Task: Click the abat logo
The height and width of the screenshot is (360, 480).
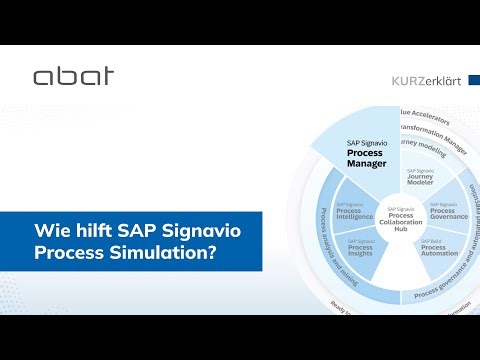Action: tap(73, 76)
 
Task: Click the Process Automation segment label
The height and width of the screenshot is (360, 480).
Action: tap(439, 246)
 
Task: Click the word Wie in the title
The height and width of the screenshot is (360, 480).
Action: tap(51, 231)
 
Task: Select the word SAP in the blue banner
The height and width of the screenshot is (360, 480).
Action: tap(135, 231)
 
